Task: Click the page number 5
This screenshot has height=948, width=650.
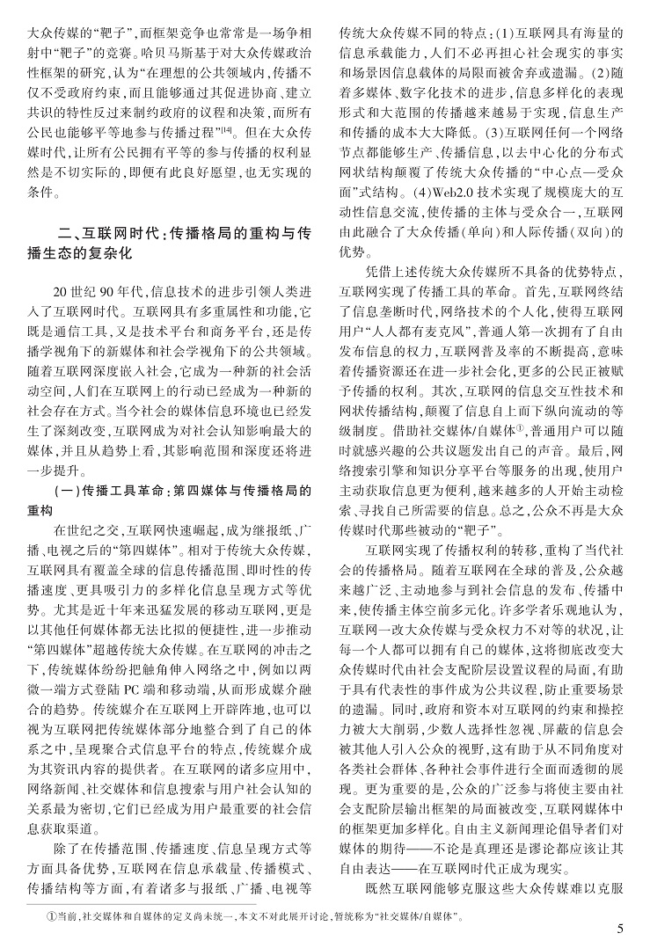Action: coord(619,927)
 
